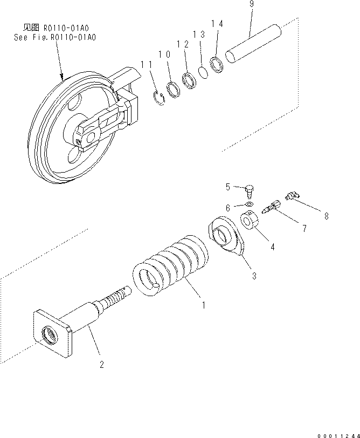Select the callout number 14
(216, 23)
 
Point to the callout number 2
(101, 364)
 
